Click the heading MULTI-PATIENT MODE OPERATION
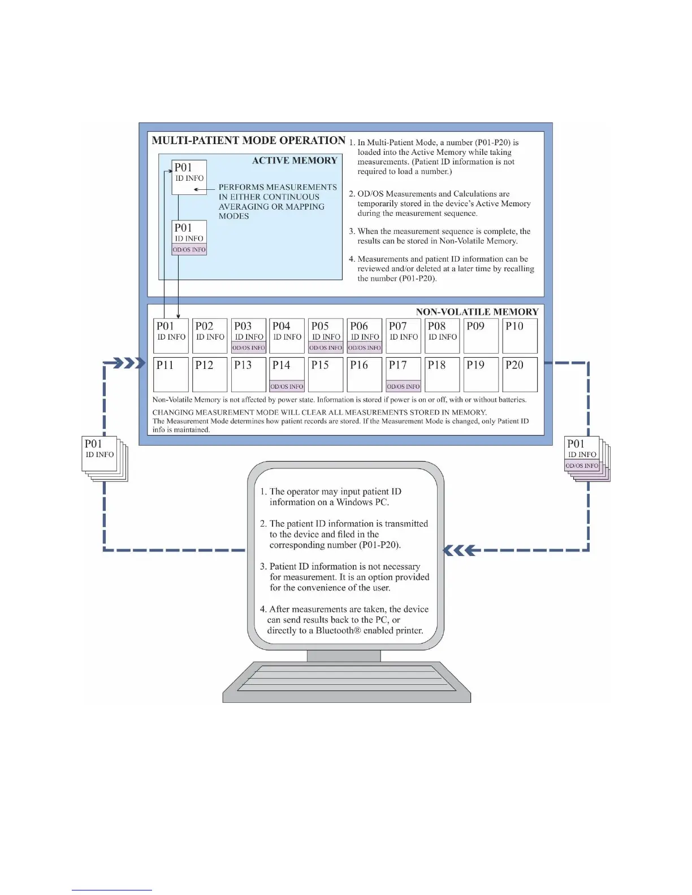pyautogui.click(x=248, y=141)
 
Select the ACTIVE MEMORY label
pyautogui.click(x=295, y=160)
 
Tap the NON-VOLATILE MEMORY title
pyautogui.click(x=477, y=312)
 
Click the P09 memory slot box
pyautogui.click(x=481, y=336)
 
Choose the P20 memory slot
pyautogui.click(x=520, y=375)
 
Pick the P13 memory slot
pyautogui.click(x=248, y=375)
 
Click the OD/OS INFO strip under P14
pyautogui.click(x=287, y=386)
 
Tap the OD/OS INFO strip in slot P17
pyautogui.click(x=404, y=386)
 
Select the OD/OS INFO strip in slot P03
pyautogui.click(x=249, y=348)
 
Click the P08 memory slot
pyautogui.click(x=442, y=336)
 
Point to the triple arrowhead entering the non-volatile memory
pyautogui.click(x=129, y=363)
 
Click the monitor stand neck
pyautogui.click(x=344, y=655)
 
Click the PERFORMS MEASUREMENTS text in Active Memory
pyautogui.click(x=277, y=187)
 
